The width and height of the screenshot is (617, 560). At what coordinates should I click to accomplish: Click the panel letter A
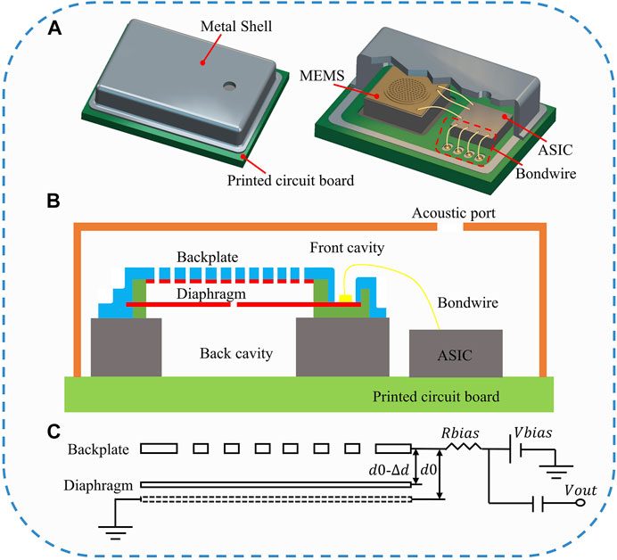55,28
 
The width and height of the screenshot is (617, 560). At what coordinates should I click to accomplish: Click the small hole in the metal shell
230,86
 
